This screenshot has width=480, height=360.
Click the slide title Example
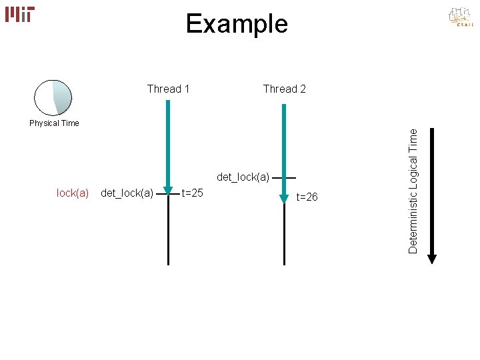[237, 24]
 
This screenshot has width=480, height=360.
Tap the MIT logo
[20, 14]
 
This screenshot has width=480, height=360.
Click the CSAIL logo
[461, 17]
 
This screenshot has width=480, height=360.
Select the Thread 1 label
[168, 89]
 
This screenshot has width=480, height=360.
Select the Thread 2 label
[285, 89]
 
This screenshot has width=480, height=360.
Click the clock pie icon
[53, 97]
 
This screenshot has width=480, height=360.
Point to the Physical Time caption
[54, 123]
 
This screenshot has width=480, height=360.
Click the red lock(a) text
[73, 193]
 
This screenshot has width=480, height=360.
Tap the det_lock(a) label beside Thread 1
[127, 193]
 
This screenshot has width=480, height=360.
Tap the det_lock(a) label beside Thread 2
[243, 177]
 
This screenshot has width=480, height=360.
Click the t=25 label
[192, 193]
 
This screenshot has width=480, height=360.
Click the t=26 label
[307, 197]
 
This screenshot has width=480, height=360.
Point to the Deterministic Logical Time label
[414, 191]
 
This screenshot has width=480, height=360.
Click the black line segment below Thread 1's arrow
[168, 233]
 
